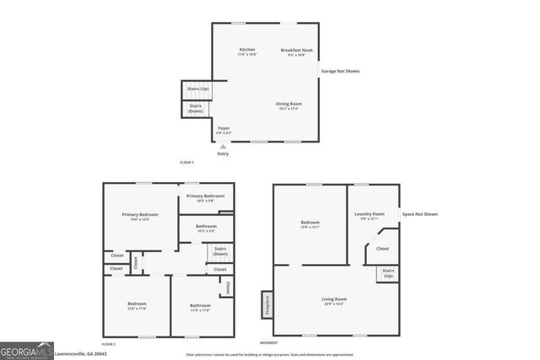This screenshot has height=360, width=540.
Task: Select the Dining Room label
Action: click(288, 105)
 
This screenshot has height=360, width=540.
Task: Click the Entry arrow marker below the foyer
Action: click(223, 147)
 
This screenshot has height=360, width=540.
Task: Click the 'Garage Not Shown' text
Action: click(340, 71)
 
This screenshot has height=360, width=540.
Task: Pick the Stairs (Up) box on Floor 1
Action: click(198, 89)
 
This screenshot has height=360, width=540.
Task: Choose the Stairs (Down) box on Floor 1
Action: click(196, 109)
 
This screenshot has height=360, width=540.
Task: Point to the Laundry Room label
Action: click(373, 215)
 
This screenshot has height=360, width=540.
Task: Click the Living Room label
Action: click(334, 300)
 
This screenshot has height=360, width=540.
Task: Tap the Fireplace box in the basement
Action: click(267, 303)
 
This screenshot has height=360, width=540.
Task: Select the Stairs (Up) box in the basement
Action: click(388, 273)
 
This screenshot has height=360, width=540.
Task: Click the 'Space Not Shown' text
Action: click(419, 214)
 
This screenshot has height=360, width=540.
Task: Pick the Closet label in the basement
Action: click(382, 249)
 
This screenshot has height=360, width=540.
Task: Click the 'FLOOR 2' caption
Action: click(109, 344)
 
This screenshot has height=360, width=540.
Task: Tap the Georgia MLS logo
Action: click(26, 351)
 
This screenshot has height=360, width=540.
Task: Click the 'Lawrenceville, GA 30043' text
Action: click(81, 353)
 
